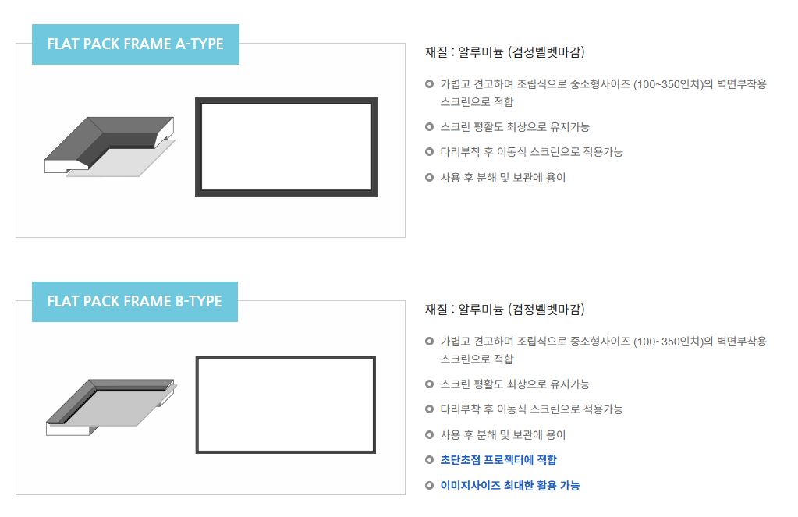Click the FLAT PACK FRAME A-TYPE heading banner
[x=136, y=44]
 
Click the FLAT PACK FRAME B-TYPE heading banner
[x=135, y=301]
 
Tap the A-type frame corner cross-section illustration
[x=109, y=147]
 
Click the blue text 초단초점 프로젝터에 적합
[x=498, y=460]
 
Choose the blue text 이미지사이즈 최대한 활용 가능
[x=510, y=486]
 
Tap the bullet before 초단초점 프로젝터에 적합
[x=429, y=460]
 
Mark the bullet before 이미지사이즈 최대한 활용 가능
[x=429, y=486]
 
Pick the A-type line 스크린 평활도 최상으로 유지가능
[x=515, y=126]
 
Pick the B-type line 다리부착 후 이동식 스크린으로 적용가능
[x=531, y=409]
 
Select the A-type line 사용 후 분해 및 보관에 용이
[x=503, y=178]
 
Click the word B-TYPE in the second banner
[x=198, y=301]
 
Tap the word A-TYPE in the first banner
[x=200, y=44]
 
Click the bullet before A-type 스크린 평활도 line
[x=429, y=126]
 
